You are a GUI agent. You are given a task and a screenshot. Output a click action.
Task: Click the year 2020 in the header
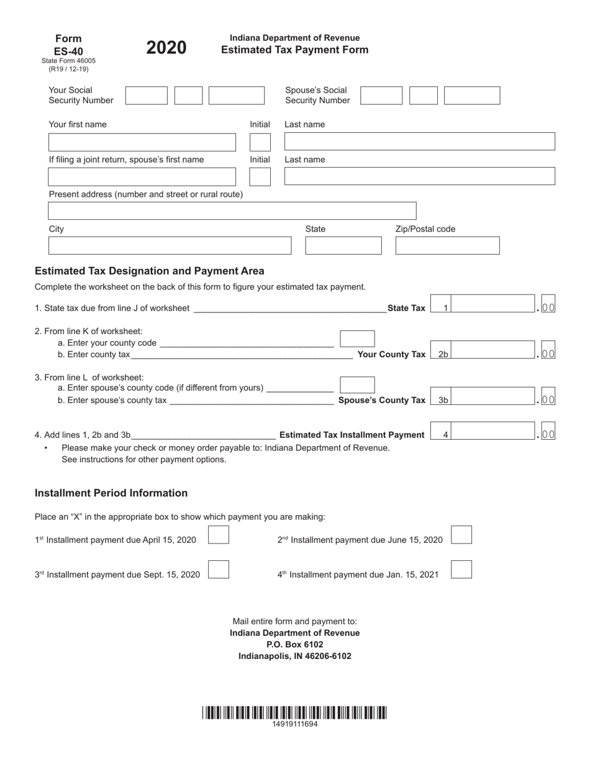(166, 48)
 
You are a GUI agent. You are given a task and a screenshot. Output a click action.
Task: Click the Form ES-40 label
(68, 45)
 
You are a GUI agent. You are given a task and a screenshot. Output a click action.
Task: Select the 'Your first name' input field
(142, 142)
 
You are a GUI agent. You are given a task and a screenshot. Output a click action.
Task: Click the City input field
(170, 245)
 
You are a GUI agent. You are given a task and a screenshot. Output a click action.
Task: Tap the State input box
(343, 245)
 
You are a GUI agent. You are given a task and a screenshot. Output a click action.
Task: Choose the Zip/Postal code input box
(447, 245)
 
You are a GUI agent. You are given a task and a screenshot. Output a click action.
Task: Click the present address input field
(232, 211)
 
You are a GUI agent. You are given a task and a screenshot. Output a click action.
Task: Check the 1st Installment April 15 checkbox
(219, 535)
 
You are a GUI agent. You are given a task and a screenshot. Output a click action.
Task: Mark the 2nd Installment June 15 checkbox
(461, 535)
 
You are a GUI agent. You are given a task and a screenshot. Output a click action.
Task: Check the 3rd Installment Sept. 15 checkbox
(219, 570)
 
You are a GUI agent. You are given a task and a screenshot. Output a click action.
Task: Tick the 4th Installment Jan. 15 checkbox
(461, 570)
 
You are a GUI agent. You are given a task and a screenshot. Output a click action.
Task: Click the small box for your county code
(357, 339)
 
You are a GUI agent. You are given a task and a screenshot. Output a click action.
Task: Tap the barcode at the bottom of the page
(294, 712)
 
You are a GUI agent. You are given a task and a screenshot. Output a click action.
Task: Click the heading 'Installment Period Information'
(111, 493)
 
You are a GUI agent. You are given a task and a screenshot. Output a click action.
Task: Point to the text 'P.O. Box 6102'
(294, 644)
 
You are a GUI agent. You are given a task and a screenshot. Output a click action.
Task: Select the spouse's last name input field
(419, 176)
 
